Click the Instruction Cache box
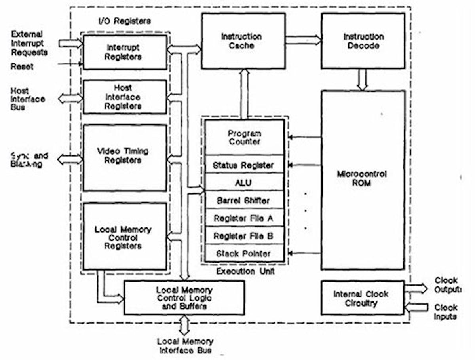pyautogui.click(x=243, y=41)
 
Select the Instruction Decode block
pyautogui.click(x=363, y=41)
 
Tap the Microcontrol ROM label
pyautogui.click(x=362, y=179)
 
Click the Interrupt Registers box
pyautogui.click(x=125, y=52)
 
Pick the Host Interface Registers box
pyautogui.click(x=125, y=97)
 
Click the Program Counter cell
pyautogui.click(x=245, y=137)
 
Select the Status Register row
pyautogui.click(x=245, y=165)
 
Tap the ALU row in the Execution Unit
pyautogui.click(x=245, y=182)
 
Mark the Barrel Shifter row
pyautogui.click(x=245, y=200)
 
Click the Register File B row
pyautogui.click(x=245, y=236)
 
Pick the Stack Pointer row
pyautogui.click(x=245, y=253)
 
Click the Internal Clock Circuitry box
pyautogui.click(x=362, y=298)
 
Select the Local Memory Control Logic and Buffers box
pyautogui.click(x=184, y=298)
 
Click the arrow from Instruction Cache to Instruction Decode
pyautogui.click(x=303, y=40)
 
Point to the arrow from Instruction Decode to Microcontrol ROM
pyautogui.click(x=362, y=80)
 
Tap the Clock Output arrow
pyautogui.click(x=416, y=288)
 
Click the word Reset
pyautogui.click(x=22, y=66)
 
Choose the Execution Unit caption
pyautogui.click(x=245, y=272)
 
